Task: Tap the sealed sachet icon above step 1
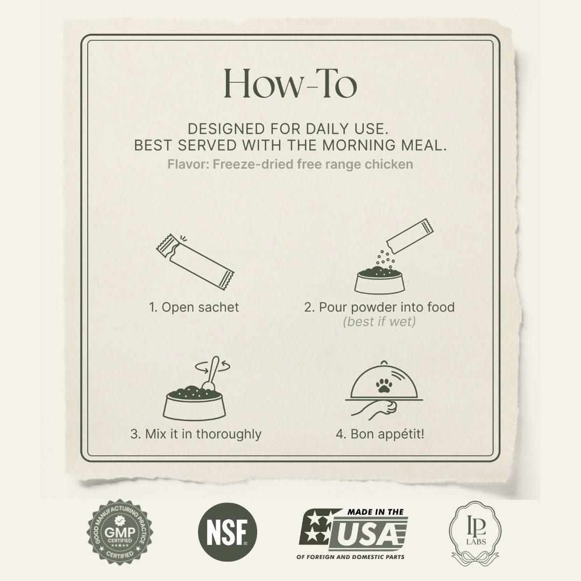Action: point(194,261)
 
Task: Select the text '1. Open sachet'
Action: point(194,307)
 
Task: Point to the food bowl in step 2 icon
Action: point(380,280)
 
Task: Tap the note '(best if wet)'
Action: point(379,323)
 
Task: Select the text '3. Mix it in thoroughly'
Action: point(196,434)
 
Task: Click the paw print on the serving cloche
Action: point(382,384)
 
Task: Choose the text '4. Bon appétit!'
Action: point(380,434)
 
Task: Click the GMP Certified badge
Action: point(119,532)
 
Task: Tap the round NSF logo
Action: point(228,532)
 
